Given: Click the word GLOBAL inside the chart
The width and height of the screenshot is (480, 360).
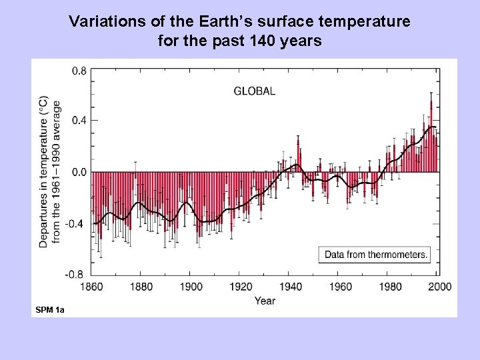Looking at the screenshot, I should [254, 91].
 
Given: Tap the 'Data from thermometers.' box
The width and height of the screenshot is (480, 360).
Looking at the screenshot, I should [376, 254].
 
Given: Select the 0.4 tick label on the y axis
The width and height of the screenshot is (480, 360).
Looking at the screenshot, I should [79, 121].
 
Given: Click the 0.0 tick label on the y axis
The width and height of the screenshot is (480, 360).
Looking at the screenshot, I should [79, 172].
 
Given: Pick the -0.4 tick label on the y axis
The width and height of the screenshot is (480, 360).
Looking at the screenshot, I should [77, 223].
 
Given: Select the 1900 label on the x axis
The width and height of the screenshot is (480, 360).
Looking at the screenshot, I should [190, 287].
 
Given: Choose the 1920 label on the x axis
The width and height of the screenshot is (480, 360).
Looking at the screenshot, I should [240, 287].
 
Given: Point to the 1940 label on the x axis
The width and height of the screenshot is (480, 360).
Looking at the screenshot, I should [290, 287].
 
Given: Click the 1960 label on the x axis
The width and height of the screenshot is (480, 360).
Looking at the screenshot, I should [340, 287].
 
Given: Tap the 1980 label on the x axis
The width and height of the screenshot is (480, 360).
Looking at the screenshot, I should [390, 287].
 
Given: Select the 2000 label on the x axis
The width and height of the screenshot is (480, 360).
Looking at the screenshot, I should [439, 287].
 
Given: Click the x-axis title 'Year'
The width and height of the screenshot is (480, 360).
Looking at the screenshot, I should [265, 301].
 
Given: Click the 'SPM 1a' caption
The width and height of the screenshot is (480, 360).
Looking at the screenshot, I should [50, 311].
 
